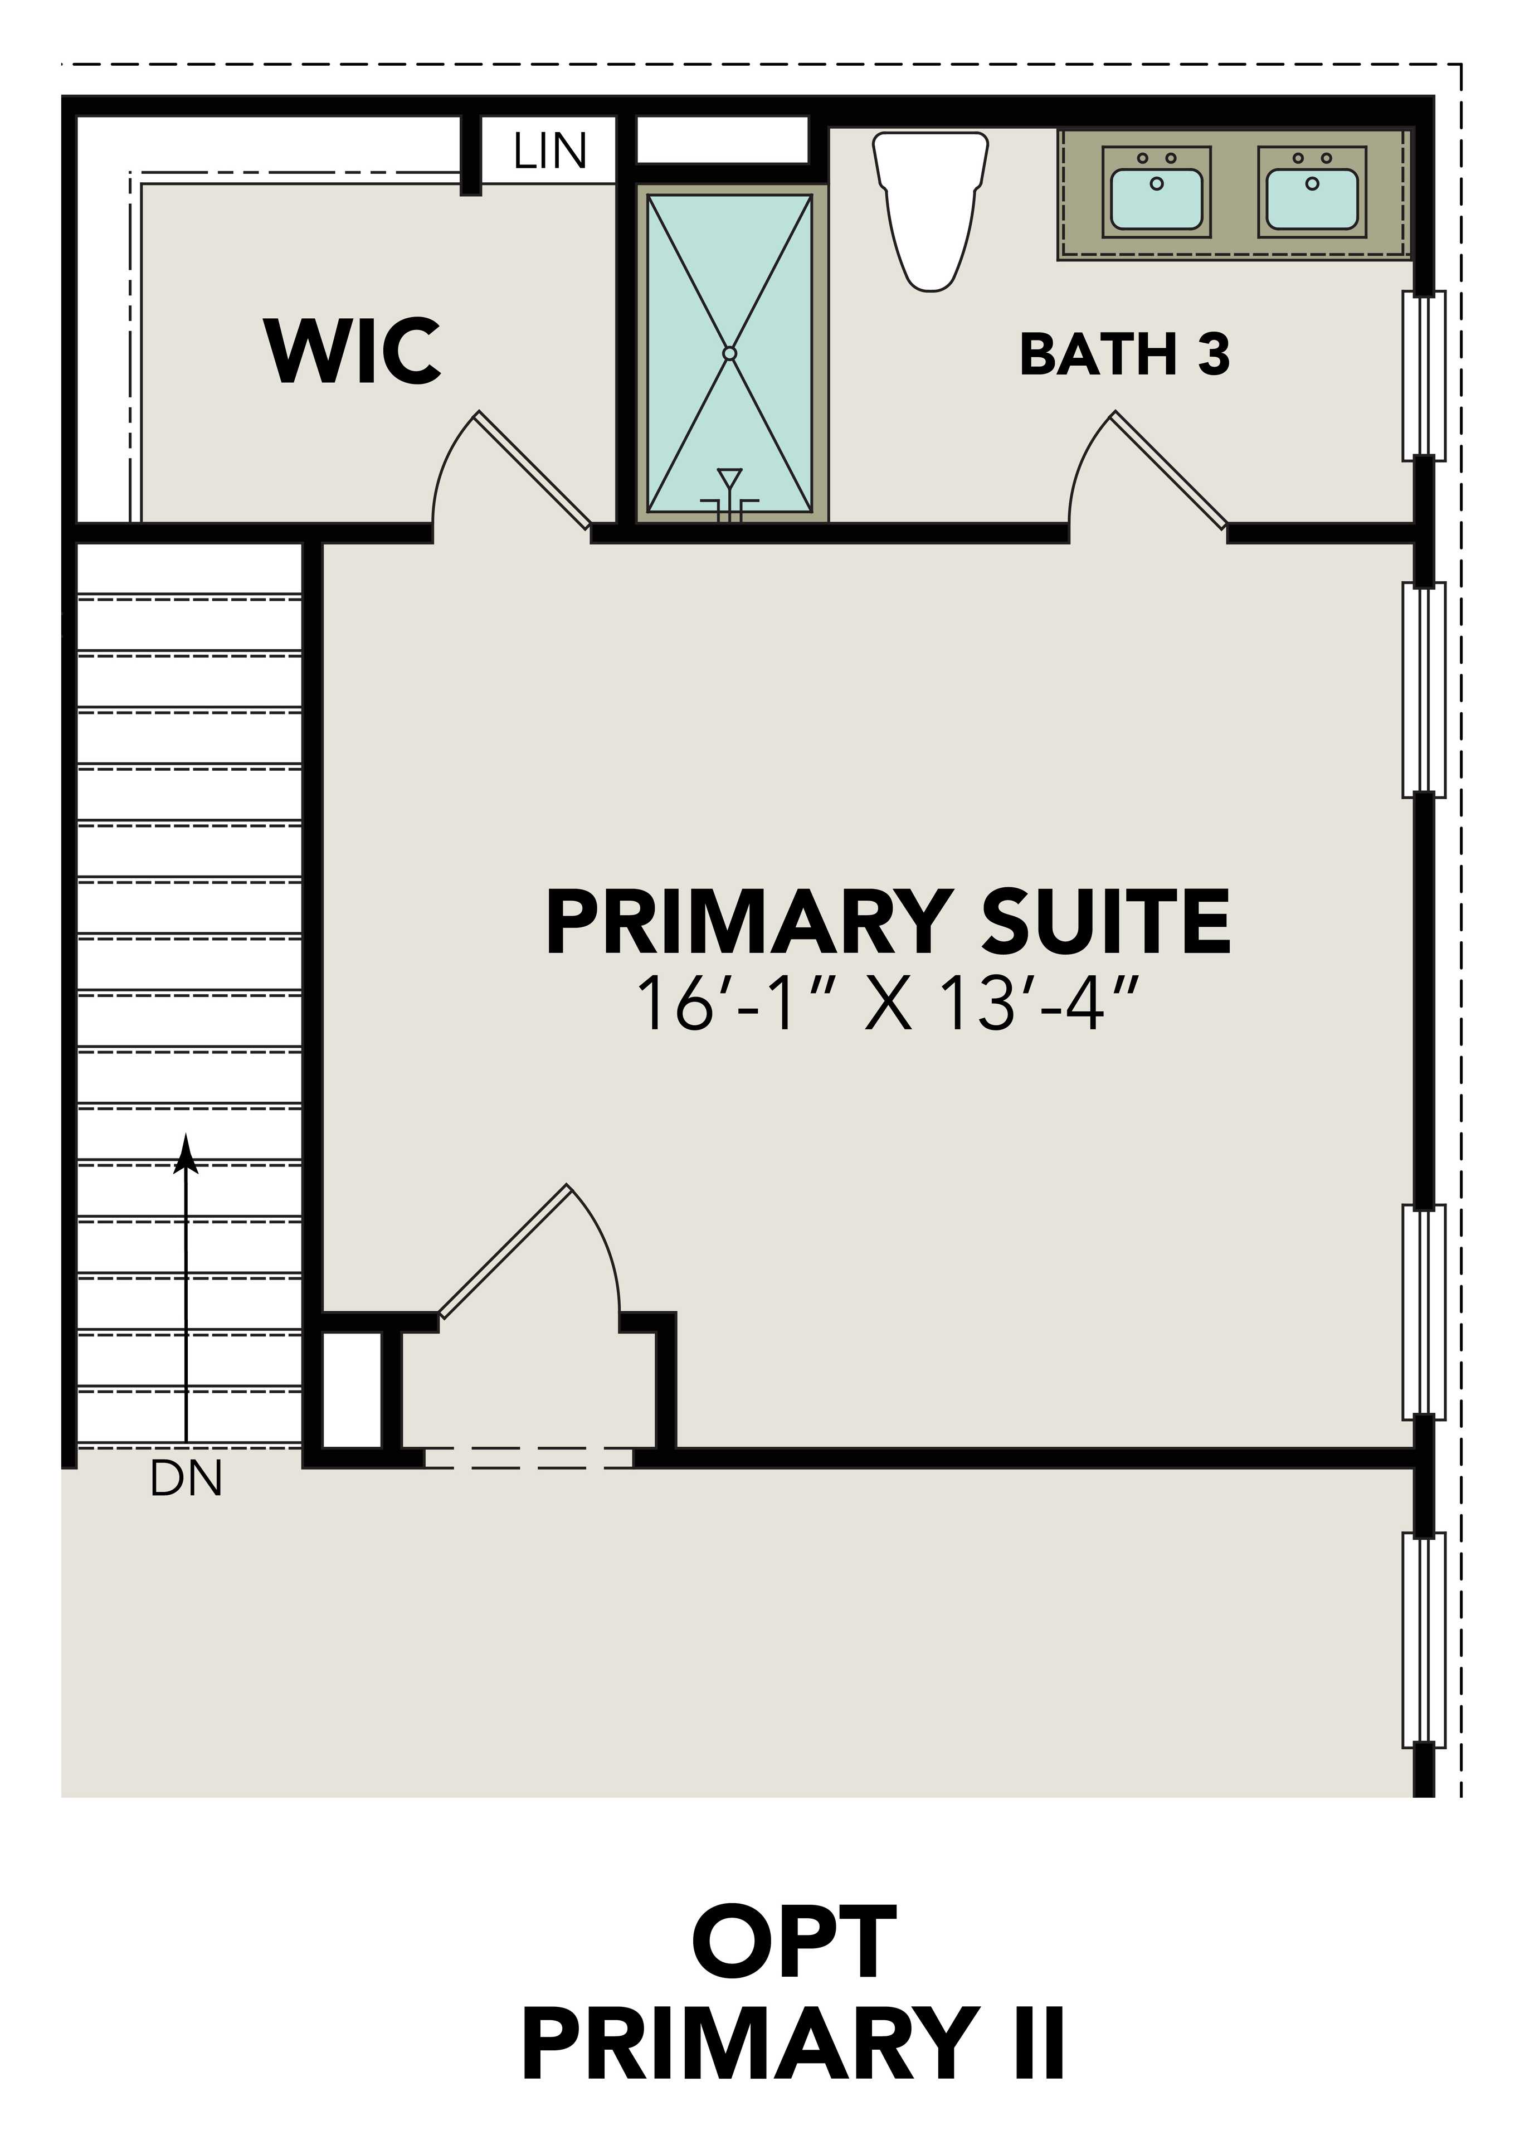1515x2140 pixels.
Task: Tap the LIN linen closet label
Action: [x=549, y=151]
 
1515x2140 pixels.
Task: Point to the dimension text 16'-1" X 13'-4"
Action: [x=887, y=1005]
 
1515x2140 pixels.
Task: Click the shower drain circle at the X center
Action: [x=729, y=353]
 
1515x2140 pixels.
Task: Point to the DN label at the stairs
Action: [x=186, y=1480]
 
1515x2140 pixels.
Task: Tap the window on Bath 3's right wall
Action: [x=1424, y=375]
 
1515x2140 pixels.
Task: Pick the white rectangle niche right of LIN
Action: [x=722, y=140]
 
